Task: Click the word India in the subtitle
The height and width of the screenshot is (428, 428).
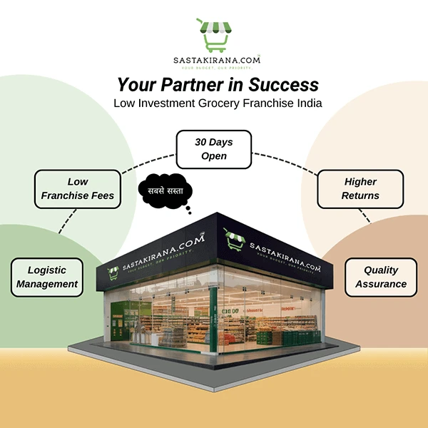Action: coord(307,103)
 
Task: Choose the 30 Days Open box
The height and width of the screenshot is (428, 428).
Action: coord(214,149)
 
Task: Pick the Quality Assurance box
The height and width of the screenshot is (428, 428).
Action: coord(385,277)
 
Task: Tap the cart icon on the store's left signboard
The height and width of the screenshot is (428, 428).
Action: coord(113,272)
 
